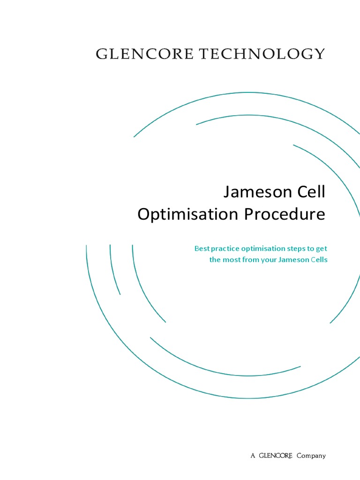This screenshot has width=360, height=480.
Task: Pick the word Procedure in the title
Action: point(284,214)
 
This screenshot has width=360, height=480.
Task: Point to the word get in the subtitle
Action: point(321,249)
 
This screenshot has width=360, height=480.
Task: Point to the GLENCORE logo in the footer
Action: point(276,456)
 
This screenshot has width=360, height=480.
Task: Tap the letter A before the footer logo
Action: point(253,456)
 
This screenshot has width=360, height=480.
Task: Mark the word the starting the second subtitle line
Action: point(214,260)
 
